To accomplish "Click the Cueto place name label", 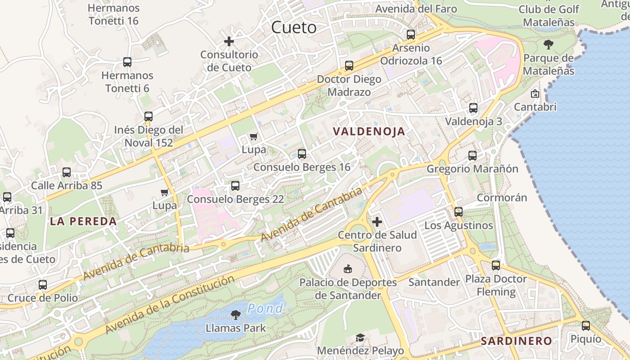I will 294,27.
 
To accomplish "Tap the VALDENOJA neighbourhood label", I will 369,131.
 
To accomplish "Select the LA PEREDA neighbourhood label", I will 83,221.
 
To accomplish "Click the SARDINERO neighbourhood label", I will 516,341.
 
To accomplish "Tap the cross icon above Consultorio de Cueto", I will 229,41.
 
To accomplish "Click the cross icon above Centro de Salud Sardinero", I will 377,221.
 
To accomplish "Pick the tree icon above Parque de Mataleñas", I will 548,45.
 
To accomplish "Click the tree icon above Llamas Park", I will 235,315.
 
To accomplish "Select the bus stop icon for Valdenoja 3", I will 473,108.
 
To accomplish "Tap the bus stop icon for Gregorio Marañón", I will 472,156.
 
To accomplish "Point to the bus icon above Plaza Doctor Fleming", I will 496,265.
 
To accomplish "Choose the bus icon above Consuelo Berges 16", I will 301,154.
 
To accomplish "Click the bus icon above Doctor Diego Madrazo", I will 349,66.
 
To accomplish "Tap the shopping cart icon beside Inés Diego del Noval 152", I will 254,136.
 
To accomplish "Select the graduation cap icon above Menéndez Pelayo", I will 360,337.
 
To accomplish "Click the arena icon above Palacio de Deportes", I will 348,269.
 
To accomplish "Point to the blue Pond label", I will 265,309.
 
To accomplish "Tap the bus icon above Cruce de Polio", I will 42,285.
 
